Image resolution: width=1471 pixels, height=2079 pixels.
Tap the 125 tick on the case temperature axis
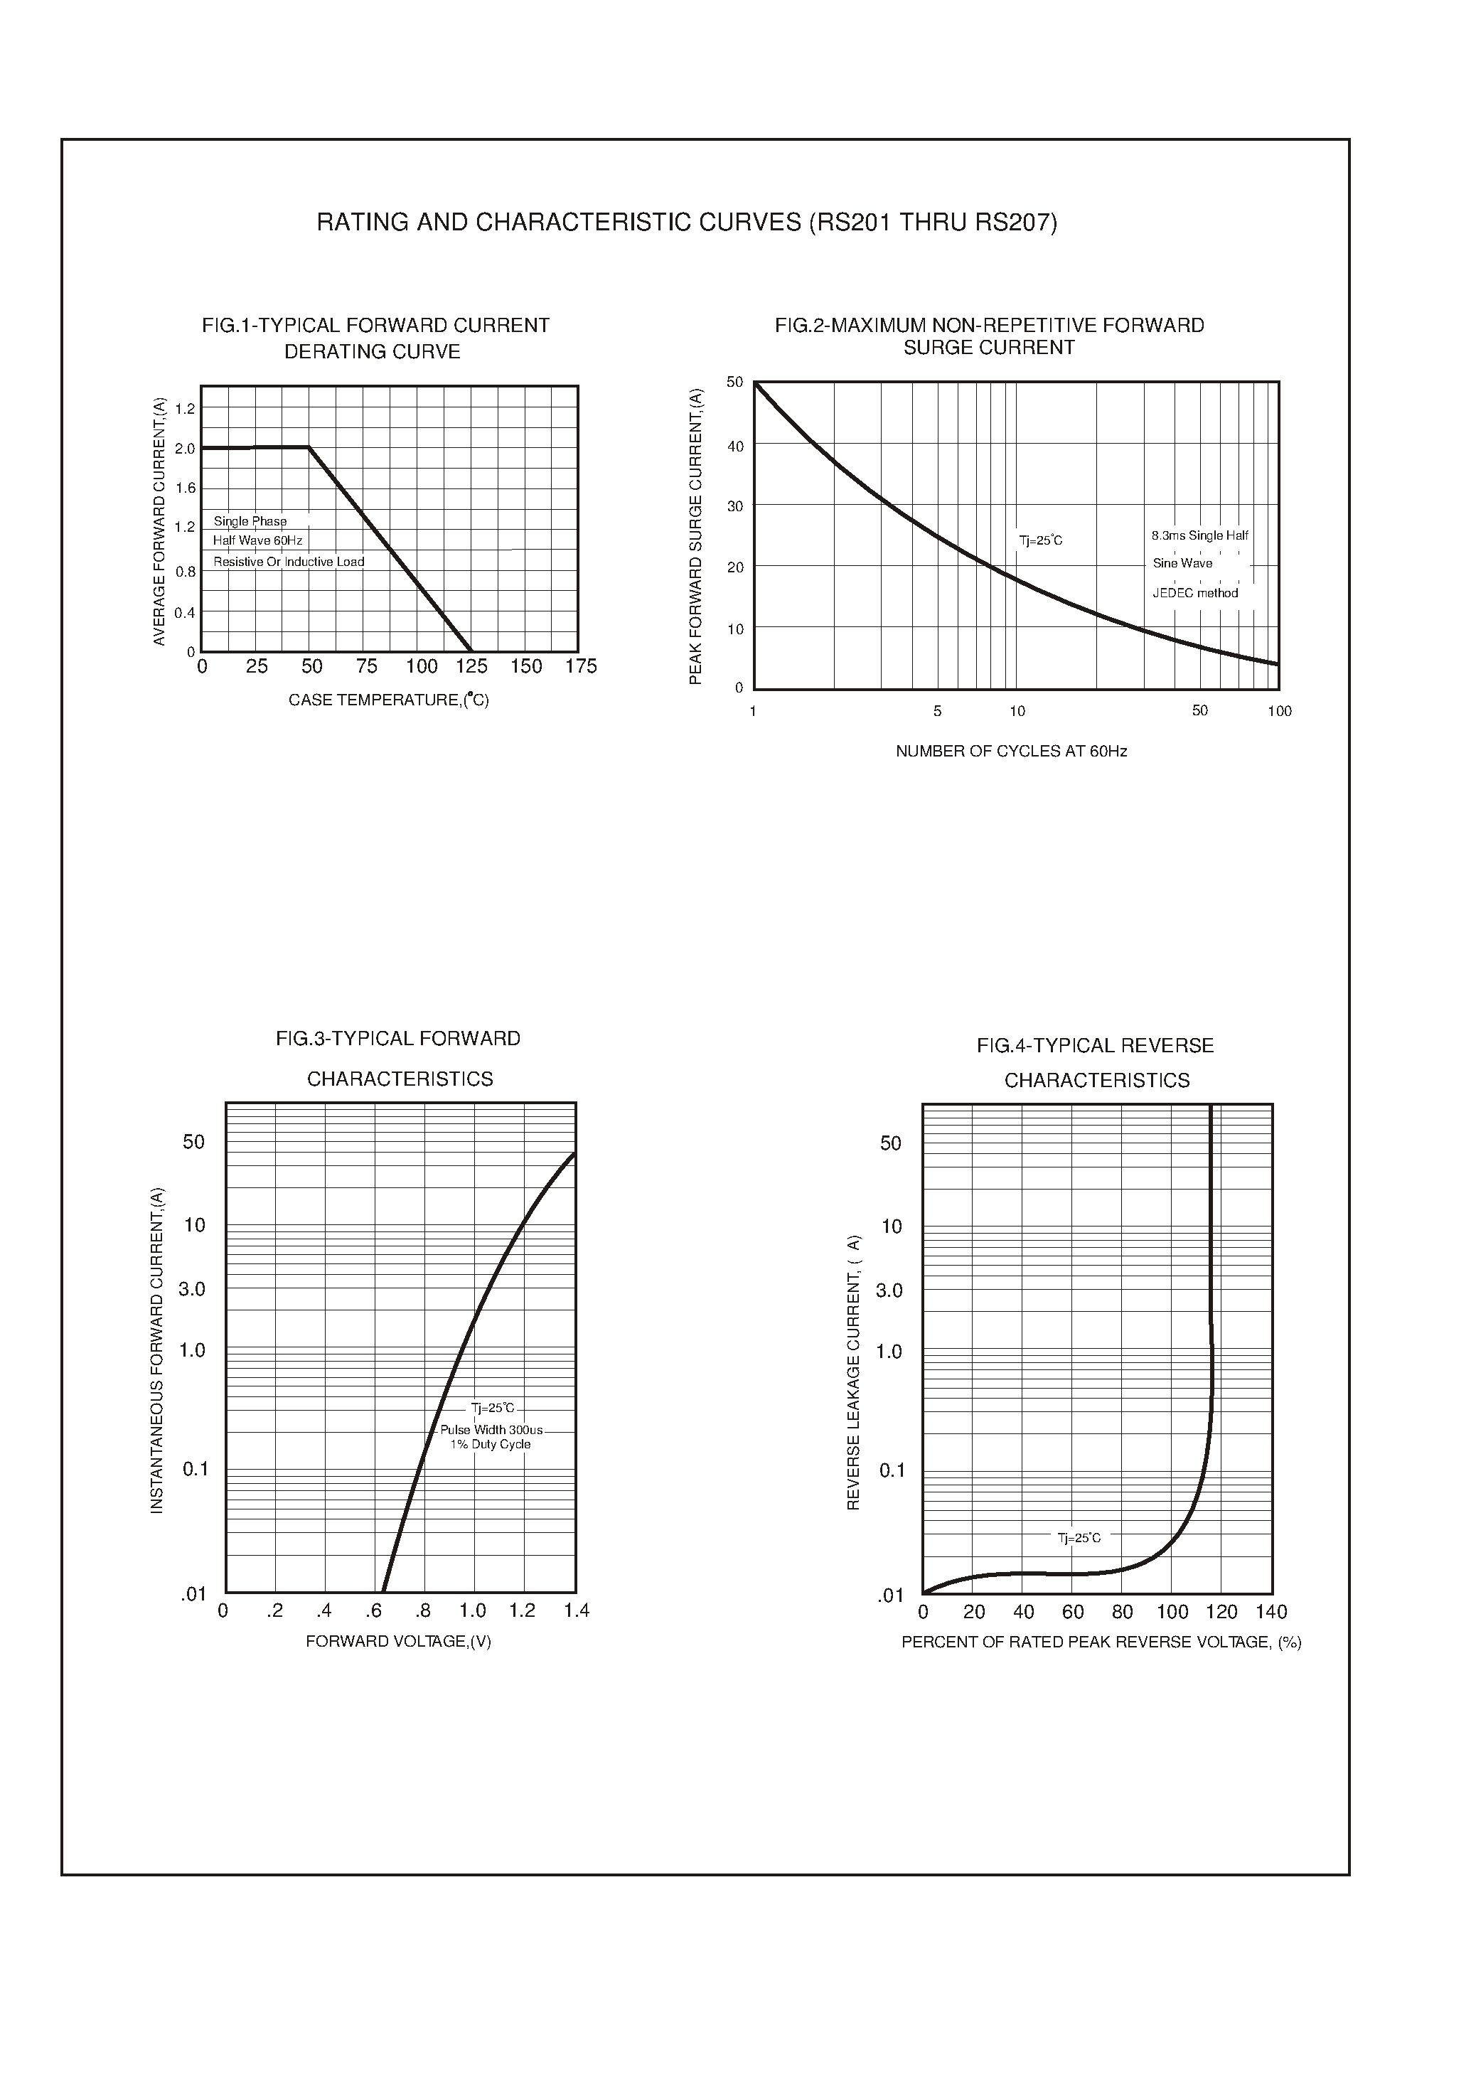click(x=471, y=667)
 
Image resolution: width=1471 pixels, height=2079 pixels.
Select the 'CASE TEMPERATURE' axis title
click(x=389, y=700)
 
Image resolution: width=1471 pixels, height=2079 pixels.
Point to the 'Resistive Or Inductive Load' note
click(x=289, y=562)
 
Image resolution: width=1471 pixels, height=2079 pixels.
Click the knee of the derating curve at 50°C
click(x=309, y=447)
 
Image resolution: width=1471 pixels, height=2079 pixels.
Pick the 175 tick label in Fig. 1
click(x=581, y=667)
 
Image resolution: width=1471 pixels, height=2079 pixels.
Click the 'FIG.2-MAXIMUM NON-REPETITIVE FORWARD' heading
click(x=989, y=325)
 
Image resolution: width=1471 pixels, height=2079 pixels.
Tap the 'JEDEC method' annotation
click(x=1194, y=594)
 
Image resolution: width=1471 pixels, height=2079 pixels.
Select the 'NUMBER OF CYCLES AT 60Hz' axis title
click(x=1011, y=751)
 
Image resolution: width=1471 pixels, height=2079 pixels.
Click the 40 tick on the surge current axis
click(x=734, y=446)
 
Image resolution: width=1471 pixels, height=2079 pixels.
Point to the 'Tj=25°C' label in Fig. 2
click(x=1041, y=541)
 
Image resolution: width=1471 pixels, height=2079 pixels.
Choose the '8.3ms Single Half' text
click(x=1199, y=535)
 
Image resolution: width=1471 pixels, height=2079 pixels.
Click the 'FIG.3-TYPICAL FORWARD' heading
click(x=399, y=1038)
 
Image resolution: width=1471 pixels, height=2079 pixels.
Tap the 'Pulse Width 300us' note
click(x=491, y=1429)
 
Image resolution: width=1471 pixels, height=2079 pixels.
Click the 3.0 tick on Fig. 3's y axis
click(x=192, y=1289)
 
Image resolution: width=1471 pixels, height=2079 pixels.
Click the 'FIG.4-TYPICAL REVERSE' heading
click(x=1095, y=1045)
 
